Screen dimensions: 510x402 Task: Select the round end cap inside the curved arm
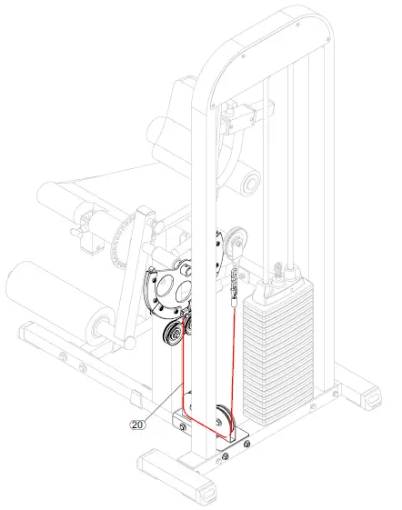(248, 185)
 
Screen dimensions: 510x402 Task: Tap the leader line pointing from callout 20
(158, 403)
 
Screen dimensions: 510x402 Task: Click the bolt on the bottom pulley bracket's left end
(181, 428)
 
